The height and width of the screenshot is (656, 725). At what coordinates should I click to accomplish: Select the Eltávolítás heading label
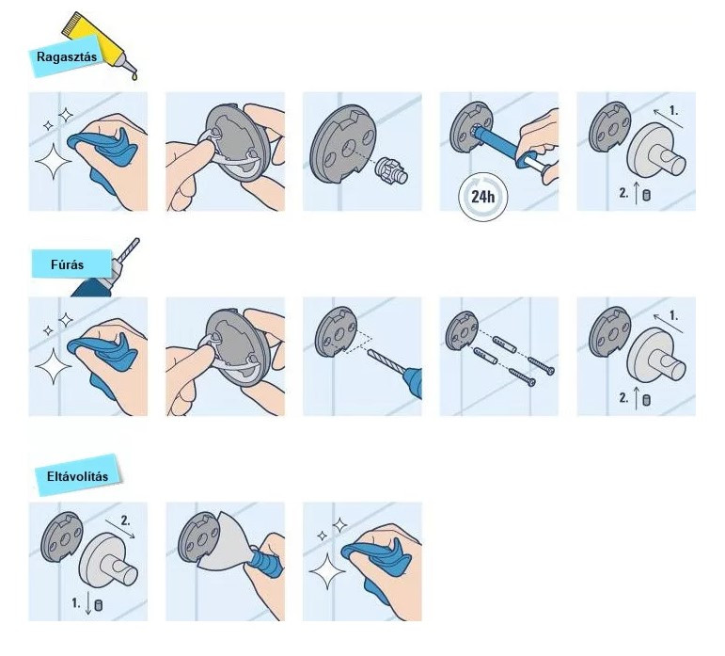pos(77,475)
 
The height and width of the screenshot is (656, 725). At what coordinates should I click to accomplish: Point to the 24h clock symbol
pos(482,197)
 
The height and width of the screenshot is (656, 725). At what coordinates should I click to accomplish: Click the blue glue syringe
pos(504,147)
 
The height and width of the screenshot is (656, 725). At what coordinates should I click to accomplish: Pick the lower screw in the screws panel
pos(522,376)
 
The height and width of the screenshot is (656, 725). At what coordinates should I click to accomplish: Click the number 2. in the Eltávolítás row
pos(125,520)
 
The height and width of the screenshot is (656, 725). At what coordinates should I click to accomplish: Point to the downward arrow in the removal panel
pos(88,604)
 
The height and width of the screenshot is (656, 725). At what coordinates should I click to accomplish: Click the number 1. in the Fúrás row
pos(673,315)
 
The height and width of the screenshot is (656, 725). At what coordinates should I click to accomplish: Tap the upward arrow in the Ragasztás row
pos(637,193)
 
